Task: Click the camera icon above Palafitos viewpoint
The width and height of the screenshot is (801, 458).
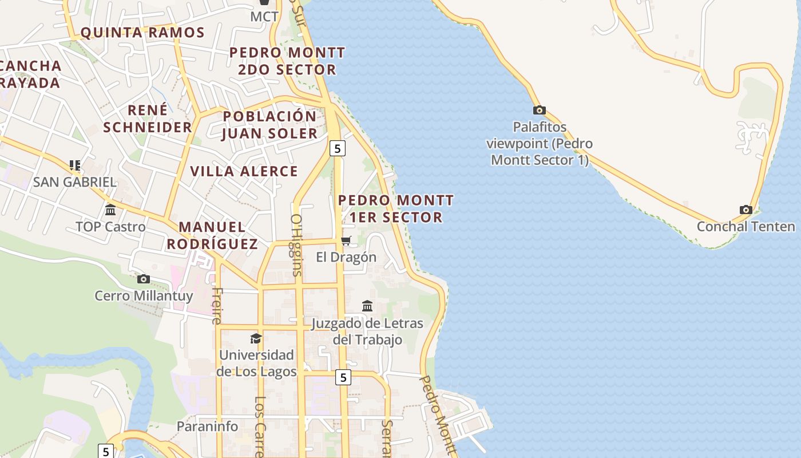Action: click(x=539, y=110)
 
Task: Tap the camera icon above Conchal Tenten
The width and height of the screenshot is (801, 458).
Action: click(x=746, y=210)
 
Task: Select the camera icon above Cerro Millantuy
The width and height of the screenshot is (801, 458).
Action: click(x=144, y=279)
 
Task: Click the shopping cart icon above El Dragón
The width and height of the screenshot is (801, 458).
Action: click(x=346, y=240)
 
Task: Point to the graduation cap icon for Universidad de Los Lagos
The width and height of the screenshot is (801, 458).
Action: click(x=256, y=338)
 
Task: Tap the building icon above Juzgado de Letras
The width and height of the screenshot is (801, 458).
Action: click(x=367, y=306)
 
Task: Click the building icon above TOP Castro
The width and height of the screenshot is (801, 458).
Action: click(x=110, y=210)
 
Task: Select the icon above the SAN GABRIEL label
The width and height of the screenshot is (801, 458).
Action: click(x=74, y=165)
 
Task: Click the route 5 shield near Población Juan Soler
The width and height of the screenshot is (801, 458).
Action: click(x=338, y=148)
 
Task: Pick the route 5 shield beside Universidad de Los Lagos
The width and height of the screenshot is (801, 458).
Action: click(x=343, y=377)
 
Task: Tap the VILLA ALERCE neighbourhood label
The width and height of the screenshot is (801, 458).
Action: click(x=244, y=171)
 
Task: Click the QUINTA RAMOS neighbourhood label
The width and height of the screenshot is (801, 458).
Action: click(x=142, y=33)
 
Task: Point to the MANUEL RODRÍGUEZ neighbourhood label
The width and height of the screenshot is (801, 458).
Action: click(x=212, y=235)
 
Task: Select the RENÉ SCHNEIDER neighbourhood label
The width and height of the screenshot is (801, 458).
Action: click(x=148, y=119)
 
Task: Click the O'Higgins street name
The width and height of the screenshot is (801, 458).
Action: click(x=296, y=245)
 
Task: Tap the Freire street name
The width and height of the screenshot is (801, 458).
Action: click(x=216, y=306)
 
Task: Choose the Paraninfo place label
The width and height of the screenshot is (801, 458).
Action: click(x=207, y=426)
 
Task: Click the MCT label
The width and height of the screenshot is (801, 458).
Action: click(x=264, y=17)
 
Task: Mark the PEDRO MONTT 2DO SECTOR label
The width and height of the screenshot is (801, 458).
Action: click(x=287, y=61)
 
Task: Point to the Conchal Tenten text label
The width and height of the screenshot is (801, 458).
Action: click(x=746, y=226)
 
